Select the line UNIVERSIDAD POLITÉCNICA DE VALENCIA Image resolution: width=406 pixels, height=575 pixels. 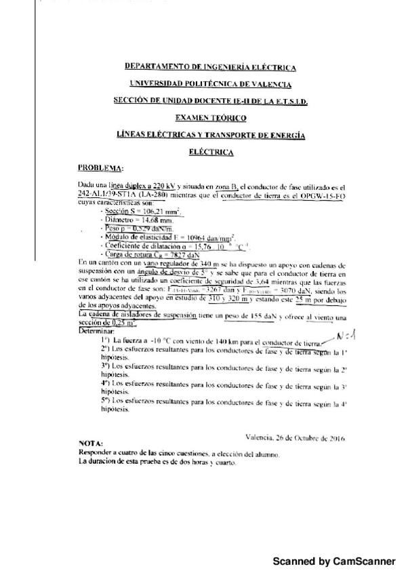click(210, 84)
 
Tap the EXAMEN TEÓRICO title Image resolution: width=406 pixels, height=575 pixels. click(210, 118)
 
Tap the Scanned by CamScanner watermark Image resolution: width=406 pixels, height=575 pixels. click(333, 561)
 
